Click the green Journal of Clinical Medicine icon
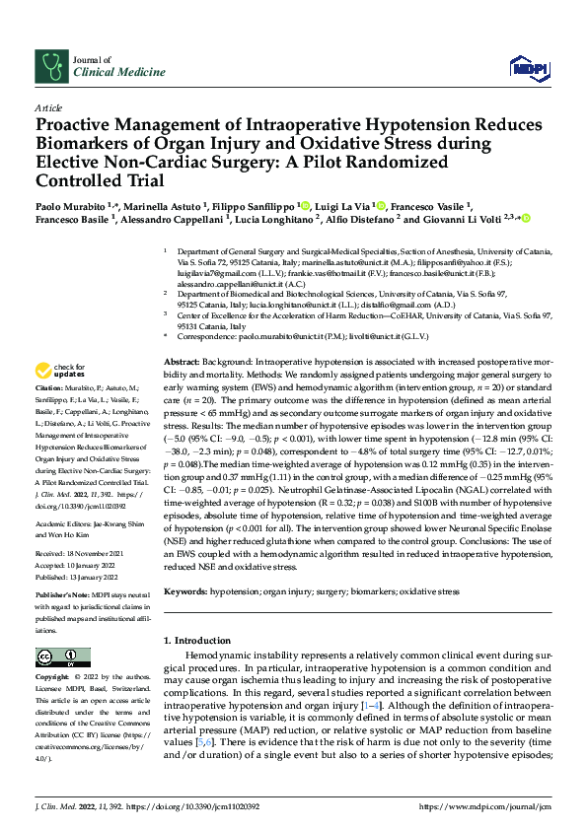(49, 65)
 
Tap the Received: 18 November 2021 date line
(83, 555)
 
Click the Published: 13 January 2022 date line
(82, 579)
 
